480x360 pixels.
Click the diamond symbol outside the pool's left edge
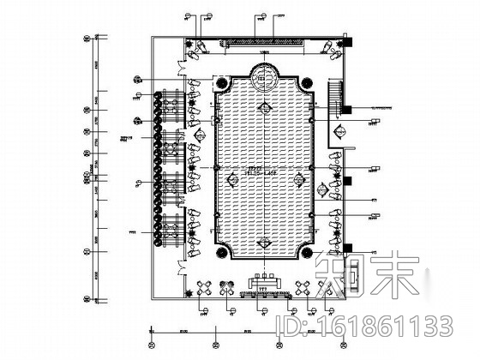(x=199, y=135)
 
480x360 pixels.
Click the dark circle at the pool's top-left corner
(x=220, y=83)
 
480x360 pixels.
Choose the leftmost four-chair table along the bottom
(x=207, y=289)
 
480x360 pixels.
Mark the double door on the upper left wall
(x=180, y=67)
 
